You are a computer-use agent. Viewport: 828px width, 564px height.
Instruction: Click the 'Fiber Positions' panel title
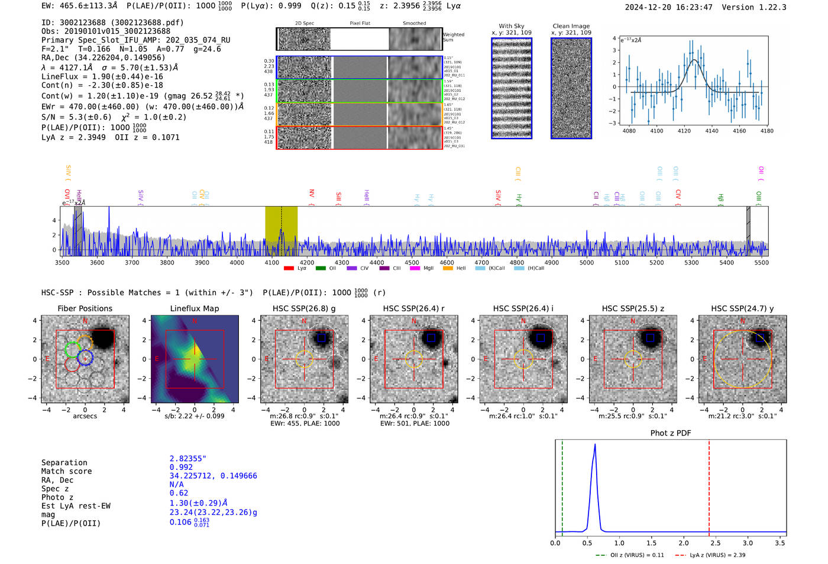pos(85,308)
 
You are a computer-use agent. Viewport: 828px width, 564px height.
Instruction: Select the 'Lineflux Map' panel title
pos(195,308)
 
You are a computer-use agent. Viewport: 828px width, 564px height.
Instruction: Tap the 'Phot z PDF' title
pos(671,433)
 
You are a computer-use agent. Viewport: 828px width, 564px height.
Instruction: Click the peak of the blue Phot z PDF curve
pos(594,445)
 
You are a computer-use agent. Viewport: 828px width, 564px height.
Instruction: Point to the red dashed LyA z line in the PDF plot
pos(709,485)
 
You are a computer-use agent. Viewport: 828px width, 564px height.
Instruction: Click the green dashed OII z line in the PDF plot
pos(562,485)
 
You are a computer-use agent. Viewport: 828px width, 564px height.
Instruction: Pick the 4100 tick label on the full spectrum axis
pos(271,263)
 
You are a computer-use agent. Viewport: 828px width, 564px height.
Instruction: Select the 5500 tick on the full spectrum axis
pos(761,263)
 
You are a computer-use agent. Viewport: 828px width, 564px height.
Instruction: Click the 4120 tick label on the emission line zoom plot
pos(684,131)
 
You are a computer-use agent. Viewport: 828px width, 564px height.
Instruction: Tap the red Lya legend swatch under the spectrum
pos(289,268)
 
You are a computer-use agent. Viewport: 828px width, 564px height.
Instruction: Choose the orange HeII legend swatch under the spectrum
pos(448,268)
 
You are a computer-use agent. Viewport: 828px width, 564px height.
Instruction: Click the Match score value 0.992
pos(181,468)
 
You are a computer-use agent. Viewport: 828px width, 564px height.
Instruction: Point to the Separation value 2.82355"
pos(188,459)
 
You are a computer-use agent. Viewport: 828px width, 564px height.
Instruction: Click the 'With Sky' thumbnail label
pos(512,26)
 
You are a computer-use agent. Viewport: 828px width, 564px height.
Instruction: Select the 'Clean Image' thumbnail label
pos(571,26)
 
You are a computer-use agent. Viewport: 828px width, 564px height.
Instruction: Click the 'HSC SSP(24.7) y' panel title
pos(742,308)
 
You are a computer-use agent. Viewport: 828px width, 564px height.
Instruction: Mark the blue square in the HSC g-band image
pos(321,338)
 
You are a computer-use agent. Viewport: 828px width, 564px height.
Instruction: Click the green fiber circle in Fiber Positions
pos(72,349)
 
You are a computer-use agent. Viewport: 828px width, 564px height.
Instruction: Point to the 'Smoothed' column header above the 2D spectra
pos(414,24)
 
